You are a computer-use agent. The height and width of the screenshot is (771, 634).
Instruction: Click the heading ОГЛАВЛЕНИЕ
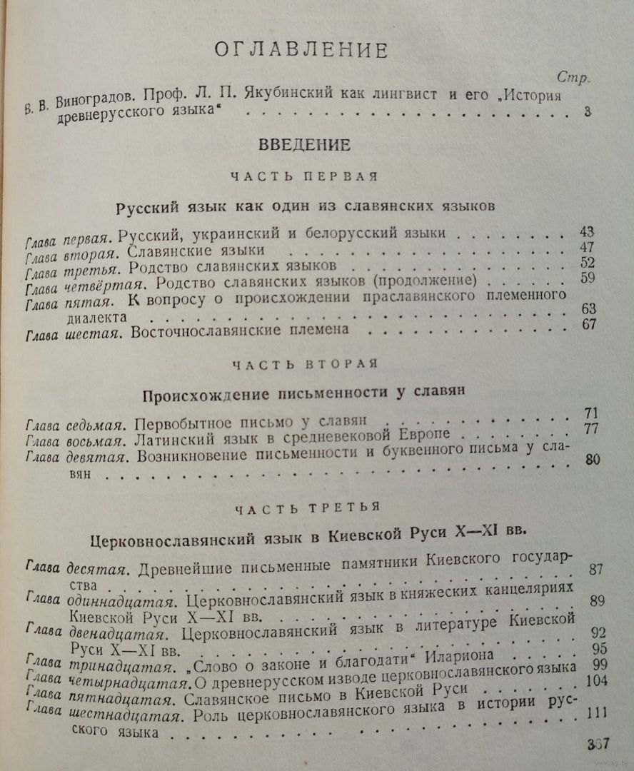pos(301,50)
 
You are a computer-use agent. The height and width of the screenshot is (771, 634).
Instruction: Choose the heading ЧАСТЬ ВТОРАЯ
pos(305,363)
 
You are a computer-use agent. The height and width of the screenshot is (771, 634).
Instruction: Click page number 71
pos(590,413)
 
